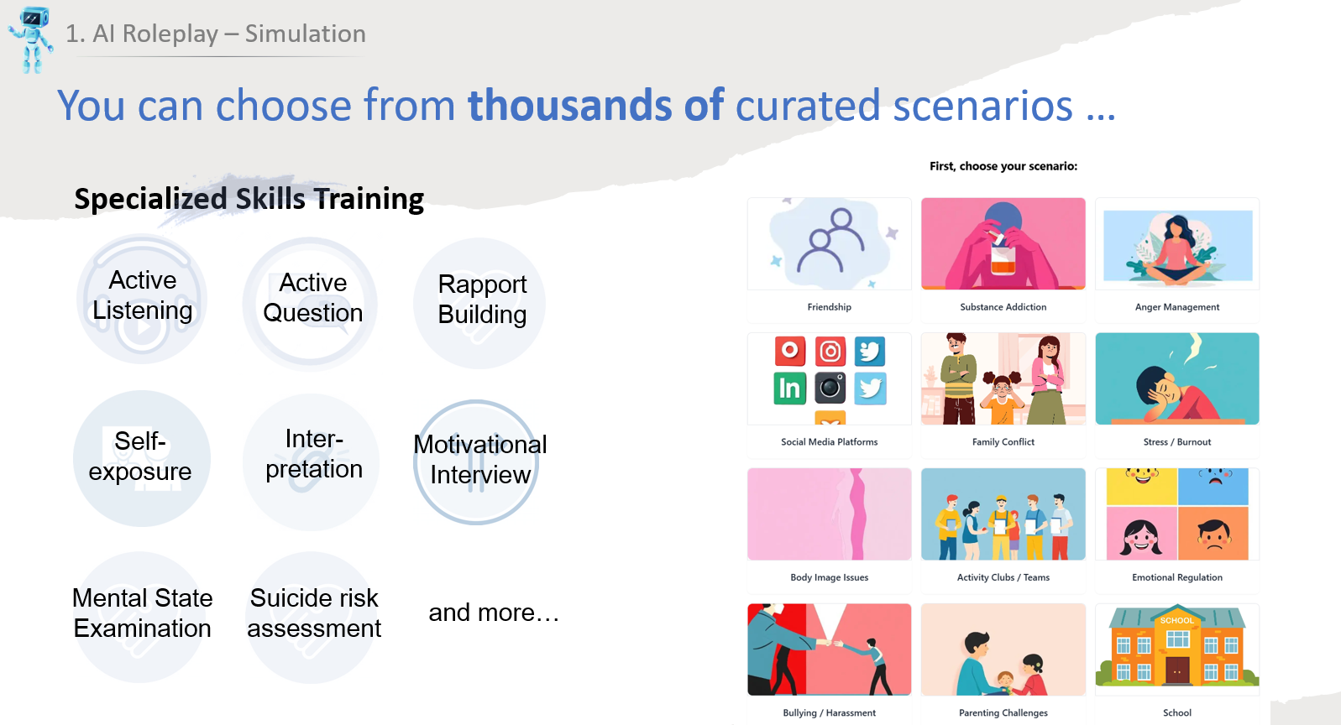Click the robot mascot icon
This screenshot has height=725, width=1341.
(x=30, y=39)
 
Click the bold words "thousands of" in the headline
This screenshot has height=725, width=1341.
(x=595, y=105)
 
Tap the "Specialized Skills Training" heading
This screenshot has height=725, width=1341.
(x=249, y=199)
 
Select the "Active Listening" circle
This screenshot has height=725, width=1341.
(x=143, y=299)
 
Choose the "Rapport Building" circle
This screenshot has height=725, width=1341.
(x=479, y=303)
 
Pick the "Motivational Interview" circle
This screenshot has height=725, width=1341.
(x=477, y=461)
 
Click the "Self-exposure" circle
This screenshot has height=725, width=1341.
(x=142, y=458)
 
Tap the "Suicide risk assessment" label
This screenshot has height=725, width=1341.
(x=314, y=613)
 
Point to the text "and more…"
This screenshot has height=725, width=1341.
(x=494, y=613)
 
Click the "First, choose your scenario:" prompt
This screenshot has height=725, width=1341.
(x=1003, y=166)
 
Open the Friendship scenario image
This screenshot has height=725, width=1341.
(x=829, y=243)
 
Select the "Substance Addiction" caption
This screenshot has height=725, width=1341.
(x=1003, y=307)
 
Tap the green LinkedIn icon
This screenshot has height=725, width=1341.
(x=789, y=389)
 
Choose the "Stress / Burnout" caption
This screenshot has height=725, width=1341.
(x=1177, y=442)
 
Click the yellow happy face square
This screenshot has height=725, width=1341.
(x=1142, y=487)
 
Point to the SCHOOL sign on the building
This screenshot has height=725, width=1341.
(x=1177, y=620)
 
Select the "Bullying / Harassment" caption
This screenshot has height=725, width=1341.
(x=829, y=712)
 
